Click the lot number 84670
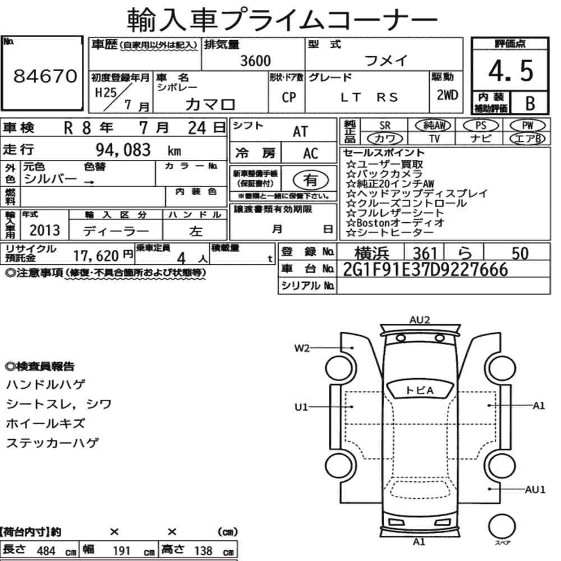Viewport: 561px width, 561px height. [x=45, y=76]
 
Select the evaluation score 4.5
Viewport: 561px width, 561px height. [x=511, y=71]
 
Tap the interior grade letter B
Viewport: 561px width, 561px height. [x=530, y=103]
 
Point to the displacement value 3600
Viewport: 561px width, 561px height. [x=255, y=61]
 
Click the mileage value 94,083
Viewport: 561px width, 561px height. [x=123, y=150]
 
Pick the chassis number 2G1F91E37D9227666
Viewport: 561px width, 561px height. [x=425, y=269]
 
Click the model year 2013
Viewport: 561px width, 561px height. [x=45, y=230]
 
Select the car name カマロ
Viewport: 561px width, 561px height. [x=210, y=104]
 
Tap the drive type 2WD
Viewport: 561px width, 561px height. [x=447, y=95]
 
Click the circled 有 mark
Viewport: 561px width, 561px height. [x=311, y=180]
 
